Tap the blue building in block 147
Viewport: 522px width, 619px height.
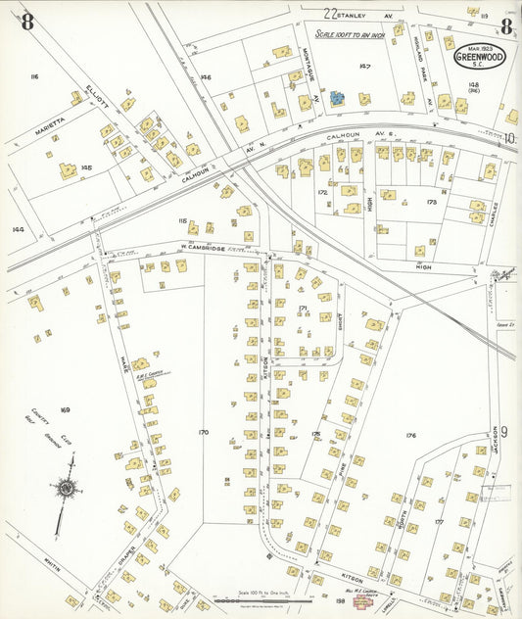point(337,98)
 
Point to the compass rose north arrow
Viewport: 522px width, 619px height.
point(67,486)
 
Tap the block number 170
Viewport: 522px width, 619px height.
point(203,431)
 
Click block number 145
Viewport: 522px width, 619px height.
point(86,167)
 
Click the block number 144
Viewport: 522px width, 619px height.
point(17,229)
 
